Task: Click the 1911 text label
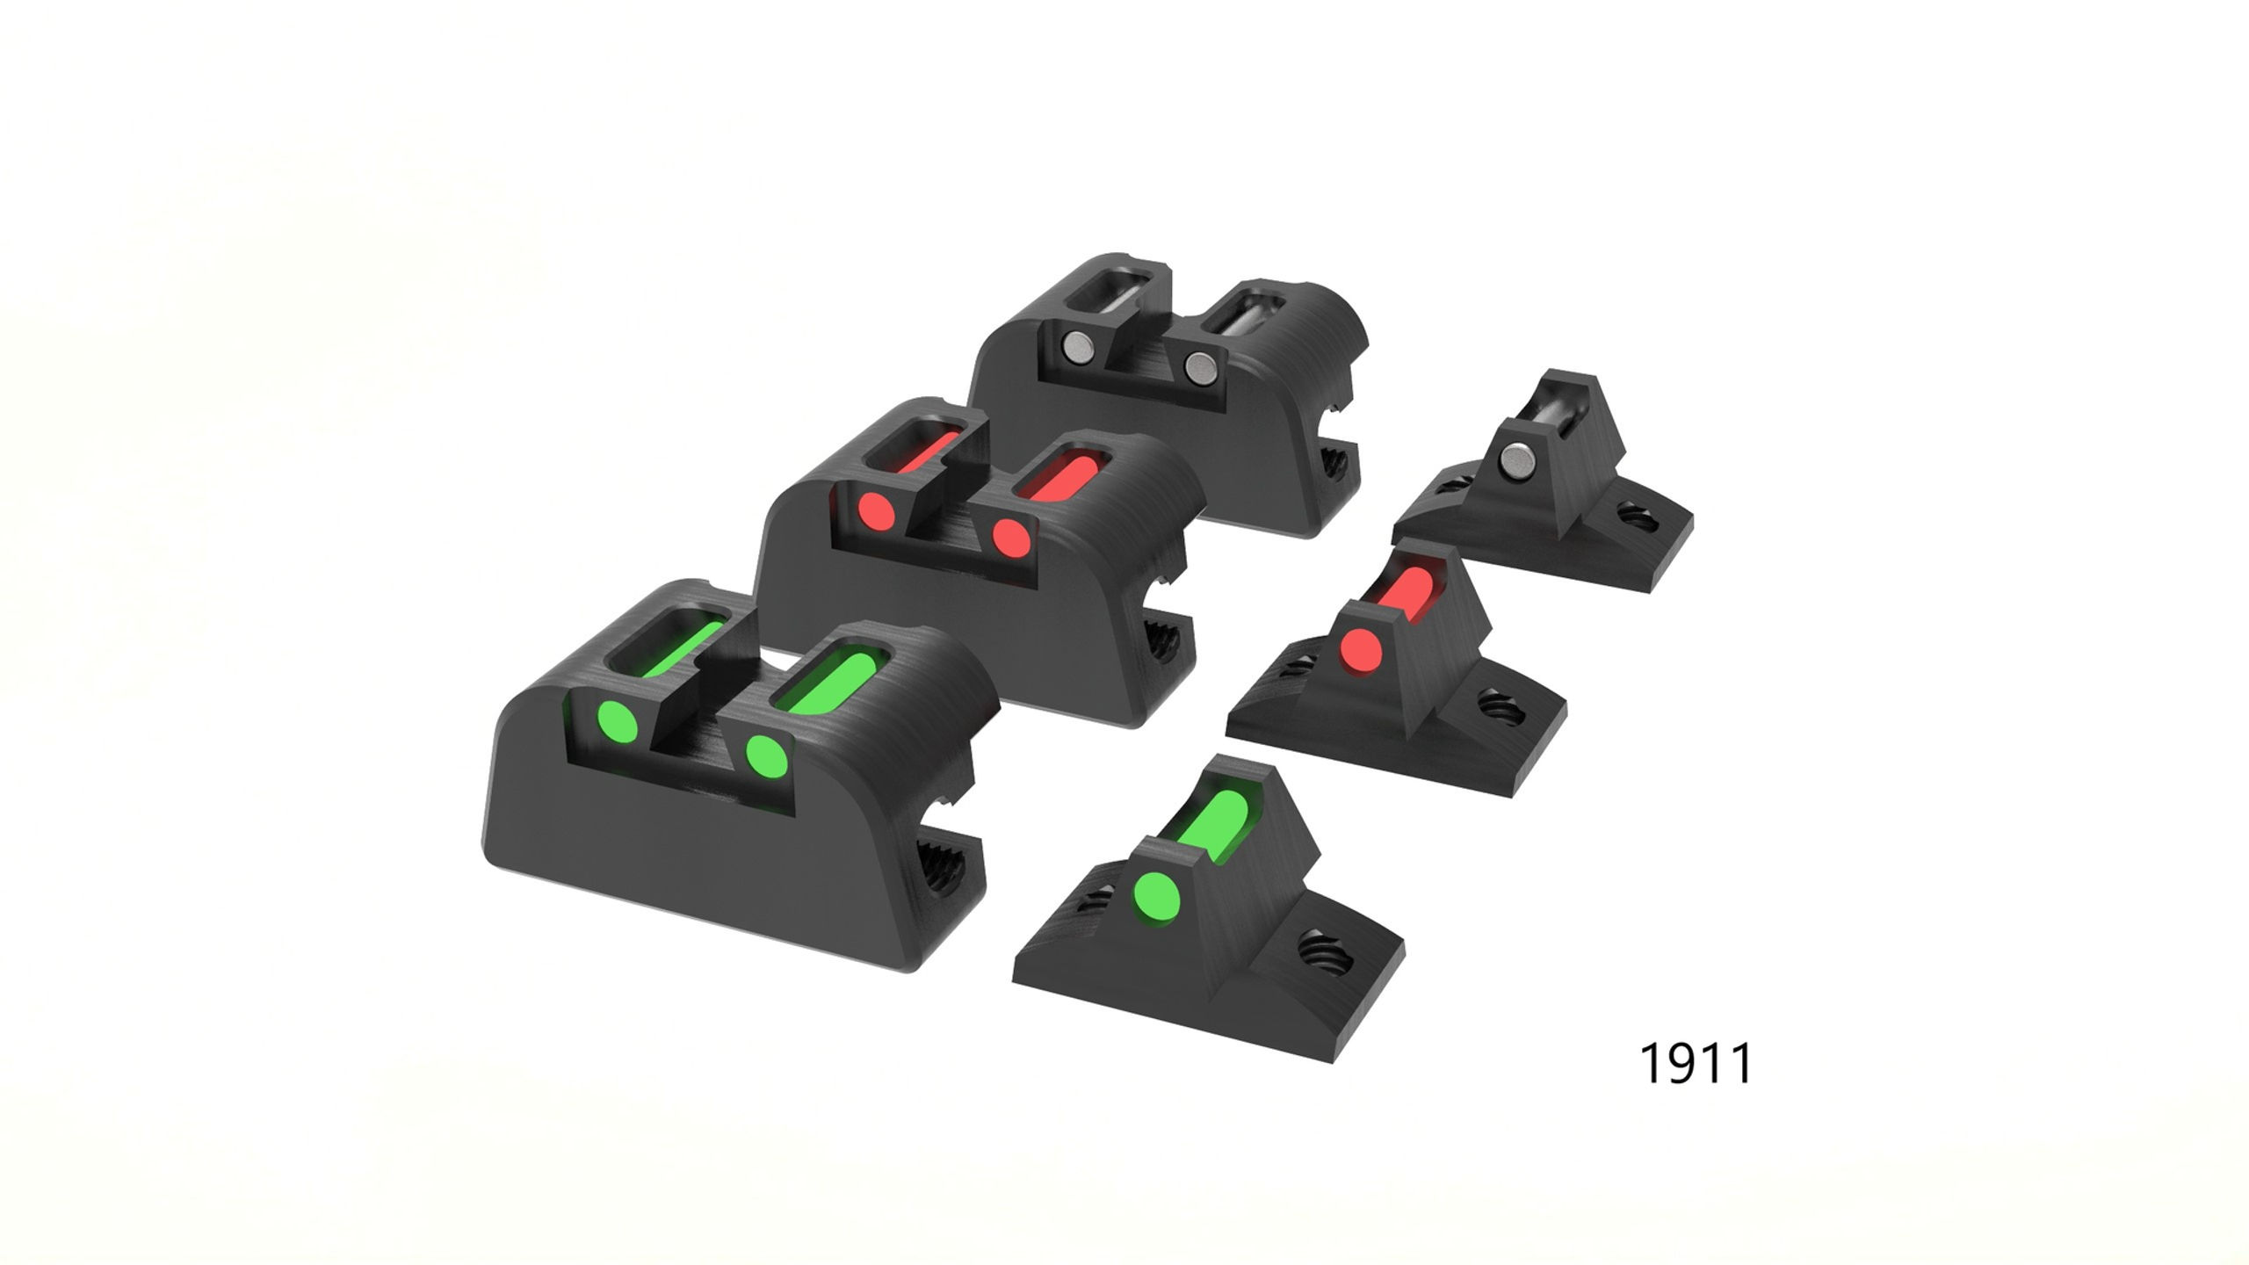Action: coord(1695,1064)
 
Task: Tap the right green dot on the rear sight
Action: coord(766,754)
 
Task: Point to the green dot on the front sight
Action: coord(1156,899)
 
